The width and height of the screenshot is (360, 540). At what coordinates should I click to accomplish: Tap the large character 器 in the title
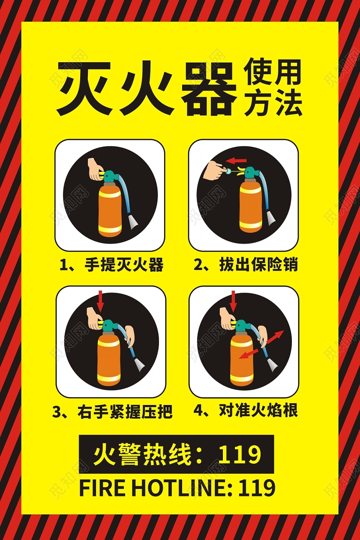(x=209, y=89)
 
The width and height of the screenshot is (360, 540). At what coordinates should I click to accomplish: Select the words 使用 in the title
(x=273, y=72)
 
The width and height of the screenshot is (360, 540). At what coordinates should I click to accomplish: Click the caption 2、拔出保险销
(x=246, y=264)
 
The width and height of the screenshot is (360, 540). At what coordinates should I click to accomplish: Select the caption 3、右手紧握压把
(x=112, y=412)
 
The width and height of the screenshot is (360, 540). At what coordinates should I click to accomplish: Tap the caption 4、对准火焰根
(x=246, y=411)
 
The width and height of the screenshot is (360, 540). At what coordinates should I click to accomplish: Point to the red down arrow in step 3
(x=100, y=300)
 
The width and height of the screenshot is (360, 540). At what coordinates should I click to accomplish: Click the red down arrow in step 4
(x=233, y=300)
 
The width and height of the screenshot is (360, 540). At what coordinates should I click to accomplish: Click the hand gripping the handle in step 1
(x=94, y=169)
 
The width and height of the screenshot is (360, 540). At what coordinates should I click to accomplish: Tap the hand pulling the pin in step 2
(x=214, y=171)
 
